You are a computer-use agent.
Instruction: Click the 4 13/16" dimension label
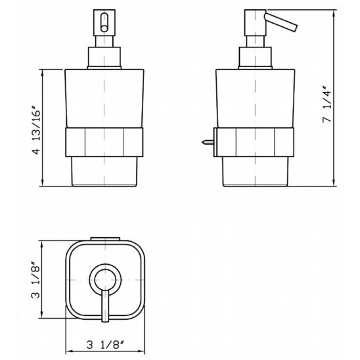[36, 129]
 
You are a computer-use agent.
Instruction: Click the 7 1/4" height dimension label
[327, 104]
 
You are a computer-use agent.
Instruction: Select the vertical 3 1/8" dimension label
[35, 280]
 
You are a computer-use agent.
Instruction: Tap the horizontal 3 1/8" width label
[105, 345]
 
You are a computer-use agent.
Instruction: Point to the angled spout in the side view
[281, 21]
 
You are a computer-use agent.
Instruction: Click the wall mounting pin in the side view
[208, 143]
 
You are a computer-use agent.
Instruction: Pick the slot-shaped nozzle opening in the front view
[104, 22]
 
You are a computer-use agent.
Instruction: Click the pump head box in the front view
[104, 23]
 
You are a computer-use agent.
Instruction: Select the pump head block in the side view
[255, 23]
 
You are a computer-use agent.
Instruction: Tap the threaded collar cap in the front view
[104, 58]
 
